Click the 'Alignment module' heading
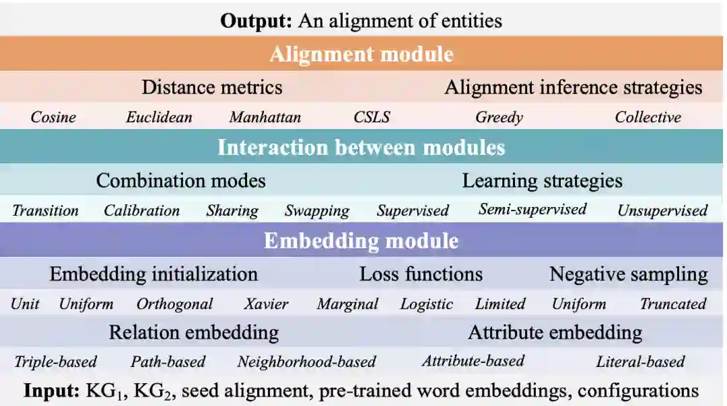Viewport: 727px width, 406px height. point(361,54)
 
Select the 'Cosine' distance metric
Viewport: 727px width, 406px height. point(53,118)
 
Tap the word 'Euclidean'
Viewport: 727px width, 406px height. point(159,118)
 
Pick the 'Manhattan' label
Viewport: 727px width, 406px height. point(265,118)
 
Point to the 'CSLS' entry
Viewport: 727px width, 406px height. point(372,118)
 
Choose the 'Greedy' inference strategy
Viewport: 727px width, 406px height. point(499,118)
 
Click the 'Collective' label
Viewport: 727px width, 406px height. point(648,118)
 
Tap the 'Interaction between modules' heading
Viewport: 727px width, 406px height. point(361,147)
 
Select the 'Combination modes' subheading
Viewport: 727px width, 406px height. point(180,181)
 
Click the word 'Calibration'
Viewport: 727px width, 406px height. point(141,211)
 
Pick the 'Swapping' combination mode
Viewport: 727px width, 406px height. point(316,211)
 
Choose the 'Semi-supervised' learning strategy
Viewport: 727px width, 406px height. point(532,210)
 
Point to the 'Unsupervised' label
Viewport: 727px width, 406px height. point(662,211)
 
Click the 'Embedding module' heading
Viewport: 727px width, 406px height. point(361,241)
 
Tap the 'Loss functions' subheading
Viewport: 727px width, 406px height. point(421,274)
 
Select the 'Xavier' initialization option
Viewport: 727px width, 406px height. point(266,304)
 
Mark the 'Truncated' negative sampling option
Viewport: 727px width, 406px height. point(672,304)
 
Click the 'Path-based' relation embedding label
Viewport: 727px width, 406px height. point(168,362)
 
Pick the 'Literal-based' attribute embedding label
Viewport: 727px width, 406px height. point(640,362)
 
